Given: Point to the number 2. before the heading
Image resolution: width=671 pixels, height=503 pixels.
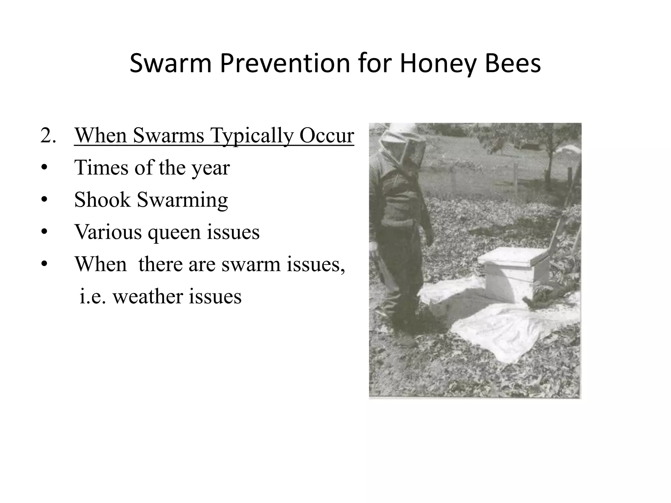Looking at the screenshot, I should coord(48,135).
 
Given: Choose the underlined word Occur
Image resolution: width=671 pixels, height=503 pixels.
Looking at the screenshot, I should coord(327,135).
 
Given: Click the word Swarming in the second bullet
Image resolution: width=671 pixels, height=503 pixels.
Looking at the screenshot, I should coord(182,200).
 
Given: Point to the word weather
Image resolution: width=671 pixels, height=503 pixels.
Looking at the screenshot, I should coord(147,296).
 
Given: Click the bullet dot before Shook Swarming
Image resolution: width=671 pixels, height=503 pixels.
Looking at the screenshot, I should coord(45,200).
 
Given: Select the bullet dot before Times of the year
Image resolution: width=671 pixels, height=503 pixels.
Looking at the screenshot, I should coord(45,168).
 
